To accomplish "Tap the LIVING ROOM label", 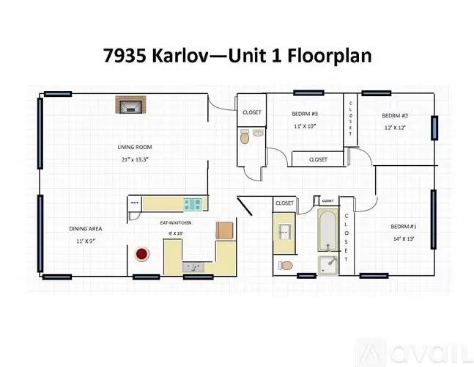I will click(135, 147).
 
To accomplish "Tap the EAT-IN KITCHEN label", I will click(177, 222).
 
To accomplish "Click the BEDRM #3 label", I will click(305, 114).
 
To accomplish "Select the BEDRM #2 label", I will click(394, 116).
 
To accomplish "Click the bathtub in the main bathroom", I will click(327, 229).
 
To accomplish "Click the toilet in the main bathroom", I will click(286, 265).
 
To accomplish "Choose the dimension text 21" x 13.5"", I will click(135, 159).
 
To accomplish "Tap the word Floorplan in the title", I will click(333, 56).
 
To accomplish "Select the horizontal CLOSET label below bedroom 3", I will click(318, 159).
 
